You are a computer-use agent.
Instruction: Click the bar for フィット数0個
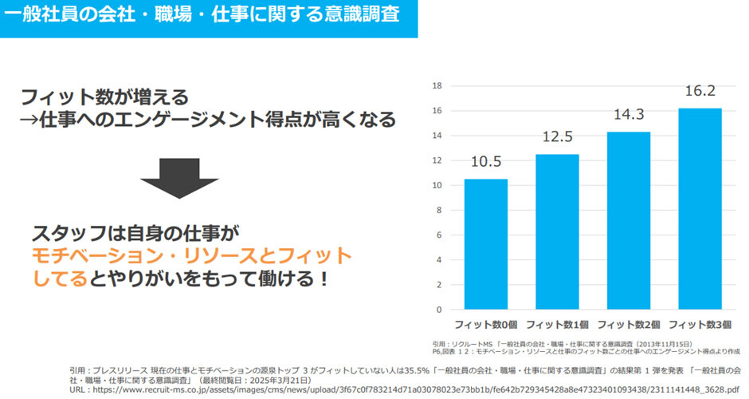(486, 243)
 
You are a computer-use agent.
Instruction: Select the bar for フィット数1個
(557, 231)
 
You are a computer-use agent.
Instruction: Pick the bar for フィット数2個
(628, 220)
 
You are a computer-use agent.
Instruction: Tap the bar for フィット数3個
(700, 208)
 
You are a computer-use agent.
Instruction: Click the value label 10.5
(486, 162)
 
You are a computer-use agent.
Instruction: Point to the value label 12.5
(557, 136)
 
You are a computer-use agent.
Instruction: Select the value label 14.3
(628, 114)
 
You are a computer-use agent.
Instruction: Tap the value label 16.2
(700, 91)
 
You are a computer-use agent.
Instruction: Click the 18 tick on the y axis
(436, 85)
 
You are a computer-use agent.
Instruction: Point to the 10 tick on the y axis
(436, 185)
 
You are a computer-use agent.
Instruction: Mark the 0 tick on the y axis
(438, 310)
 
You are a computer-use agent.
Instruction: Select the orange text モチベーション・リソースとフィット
(191, 256)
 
